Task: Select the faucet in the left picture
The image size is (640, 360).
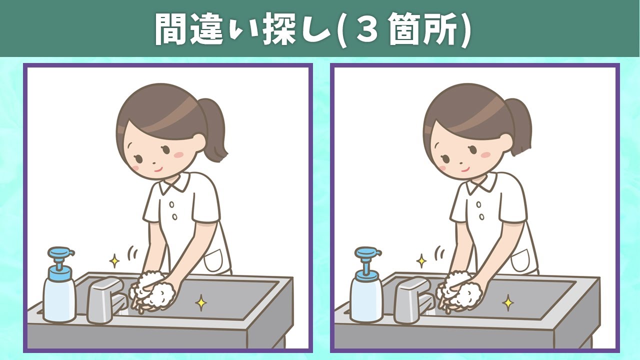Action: coord(106,300)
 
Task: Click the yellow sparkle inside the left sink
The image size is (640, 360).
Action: coord(201,302)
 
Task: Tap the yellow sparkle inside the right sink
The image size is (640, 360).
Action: coord(507,302)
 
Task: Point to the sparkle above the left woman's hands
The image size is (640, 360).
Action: coord(114,261)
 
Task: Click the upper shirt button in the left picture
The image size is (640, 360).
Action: coord(171,205)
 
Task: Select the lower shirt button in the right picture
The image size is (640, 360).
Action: coord(481,217)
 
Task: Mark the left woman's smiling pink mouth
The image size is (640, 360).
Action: coord(158,169)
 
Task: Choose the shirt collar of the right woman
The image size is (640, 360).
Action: coord(483,183)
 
